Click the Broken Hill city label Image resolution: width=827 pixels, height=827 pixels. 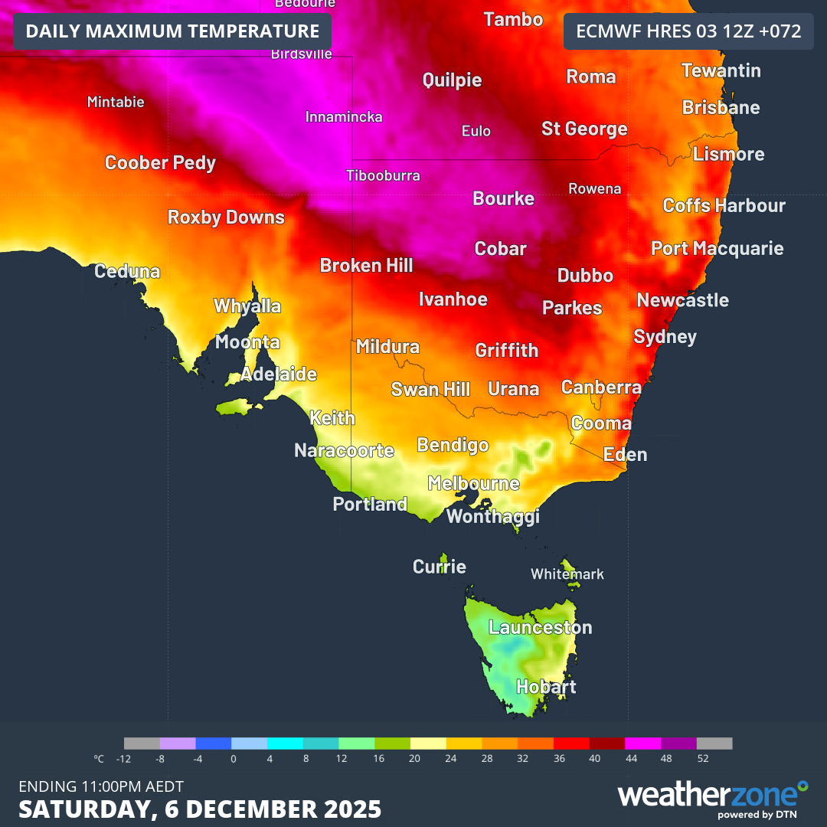tap(366, 266)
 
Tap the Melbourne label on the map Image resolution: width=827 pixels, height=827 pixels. tap(473, 484)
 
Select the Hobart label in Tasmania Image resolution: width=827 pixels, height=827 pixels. tap(546, 687)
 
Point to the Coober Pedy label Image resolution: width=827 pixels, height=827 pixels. tap(160, 163)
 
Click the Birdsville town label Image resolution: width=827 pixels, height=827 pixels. tap(302, 54)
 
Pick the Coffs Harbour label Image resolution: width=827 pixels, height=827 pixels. tap(724, 206)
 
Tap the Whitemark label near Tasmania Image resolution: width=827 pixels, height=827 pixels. tap(567, 574)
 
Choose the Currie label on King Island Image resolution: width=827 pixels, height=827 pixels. tap(439, 567)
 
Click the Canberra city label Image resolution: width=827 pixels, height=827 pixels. tap(601, 387)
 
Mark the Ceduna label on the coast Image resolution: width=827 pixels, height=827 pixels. tap(127, 272)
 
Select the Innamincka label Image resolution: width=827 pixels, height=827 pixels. tap(344, 117)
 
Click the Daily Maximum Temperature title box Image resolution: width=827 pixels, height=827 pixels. tap(172, 31)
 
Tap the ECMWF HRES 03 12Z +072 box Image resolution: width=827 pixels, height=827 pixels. tap(688, 31)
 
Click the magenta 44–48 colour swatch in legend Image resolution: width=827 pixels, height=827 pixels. tap(642, 744)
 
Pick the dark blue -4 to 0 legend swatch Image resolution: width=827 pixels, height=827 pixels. tap(214, 744)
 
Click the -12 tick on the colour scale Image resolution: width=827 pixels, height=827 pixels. tap(123, 759)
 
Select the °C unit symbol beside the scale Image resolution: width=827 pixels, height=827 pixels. tap(99, 759)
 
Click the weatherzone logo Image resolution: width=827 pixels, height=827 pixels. tap(712, 796)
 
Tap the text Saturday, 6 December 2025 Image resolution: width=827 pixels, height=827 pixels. tap(200, 809)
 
